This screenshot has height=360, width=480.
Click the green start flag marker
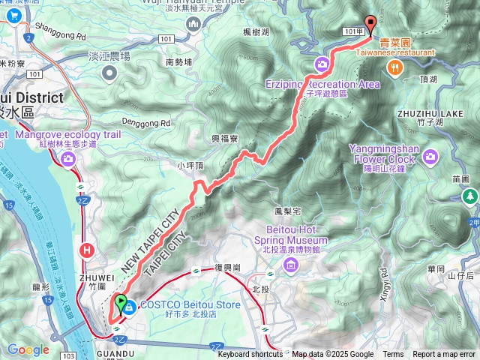(121, 304)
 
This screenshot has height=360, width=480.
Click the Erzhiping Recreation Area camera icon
(322, 64)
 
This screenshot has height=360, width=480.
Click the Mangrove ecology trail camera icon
(69, 158)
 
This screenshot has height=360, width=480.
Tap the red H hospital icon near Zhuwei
(88, 250)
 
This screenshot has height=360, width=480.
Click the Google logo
(28, 350)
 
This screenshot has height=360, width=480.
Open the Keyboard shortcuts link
(250, 355)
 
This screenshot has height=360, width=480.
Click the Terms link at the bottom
(393, 355)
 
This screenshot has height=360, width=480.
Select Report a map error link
(444, 355)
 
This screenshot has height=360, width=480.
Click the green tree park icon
(469, 196)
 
